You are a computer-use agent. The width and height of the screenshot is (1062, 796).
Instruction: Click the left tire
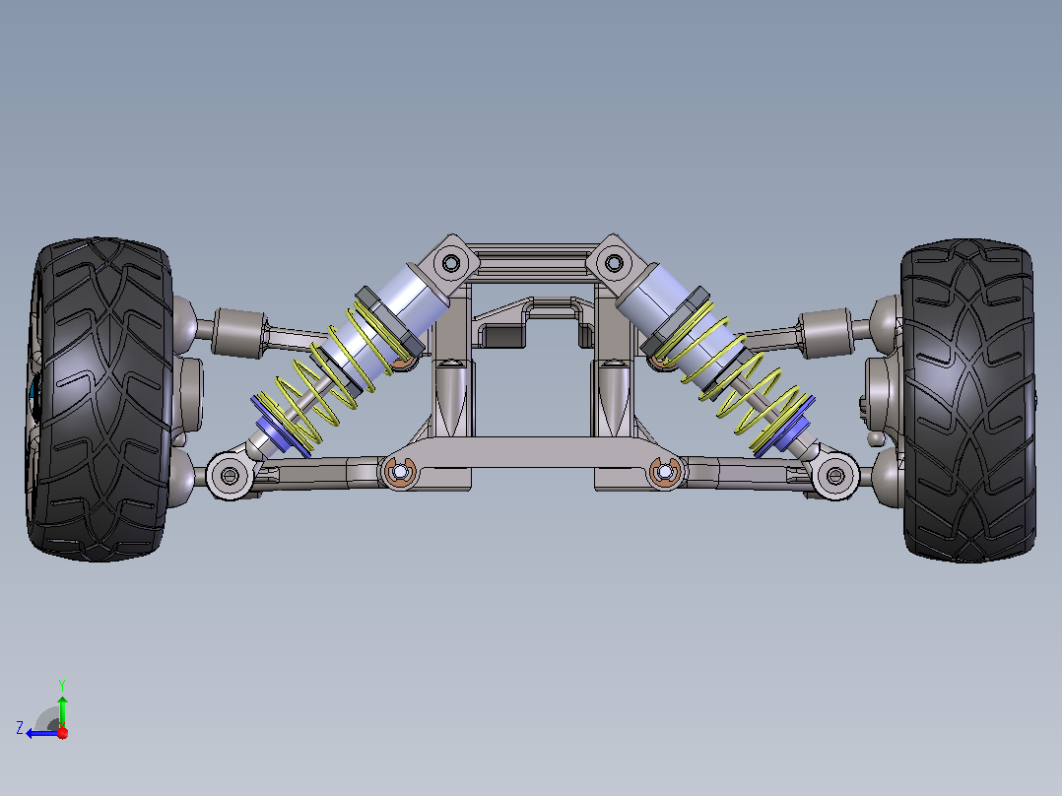[100, 400]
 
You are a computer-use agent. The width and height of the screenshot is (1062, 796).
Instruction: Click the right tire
[968, 400]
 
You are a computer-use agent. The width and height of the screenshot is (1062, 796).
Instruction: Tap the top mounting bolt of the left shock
[450, 261]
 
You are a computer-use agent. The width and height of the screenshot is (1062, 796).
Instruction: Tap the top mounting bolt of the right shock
[614, 262]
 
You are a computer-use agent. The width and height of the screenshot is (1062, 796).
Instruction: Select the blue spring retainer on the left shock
[280, 427]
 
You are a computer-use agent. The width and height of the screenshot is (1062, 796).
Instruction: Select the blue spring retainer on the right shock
[785, 427]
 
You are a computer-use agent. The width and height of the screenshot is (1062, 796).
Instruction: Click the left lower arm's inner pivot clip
[400, 471]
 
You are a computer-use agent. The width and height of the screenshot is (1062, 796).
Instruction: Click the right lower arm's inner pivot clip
[665, 471]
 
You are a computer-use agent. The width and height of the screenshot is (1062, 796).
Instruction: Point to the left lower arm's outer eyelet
[229, 476]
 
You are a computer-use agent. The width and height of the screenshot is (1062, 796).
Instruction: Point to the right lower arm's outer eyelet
[835, 476]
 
